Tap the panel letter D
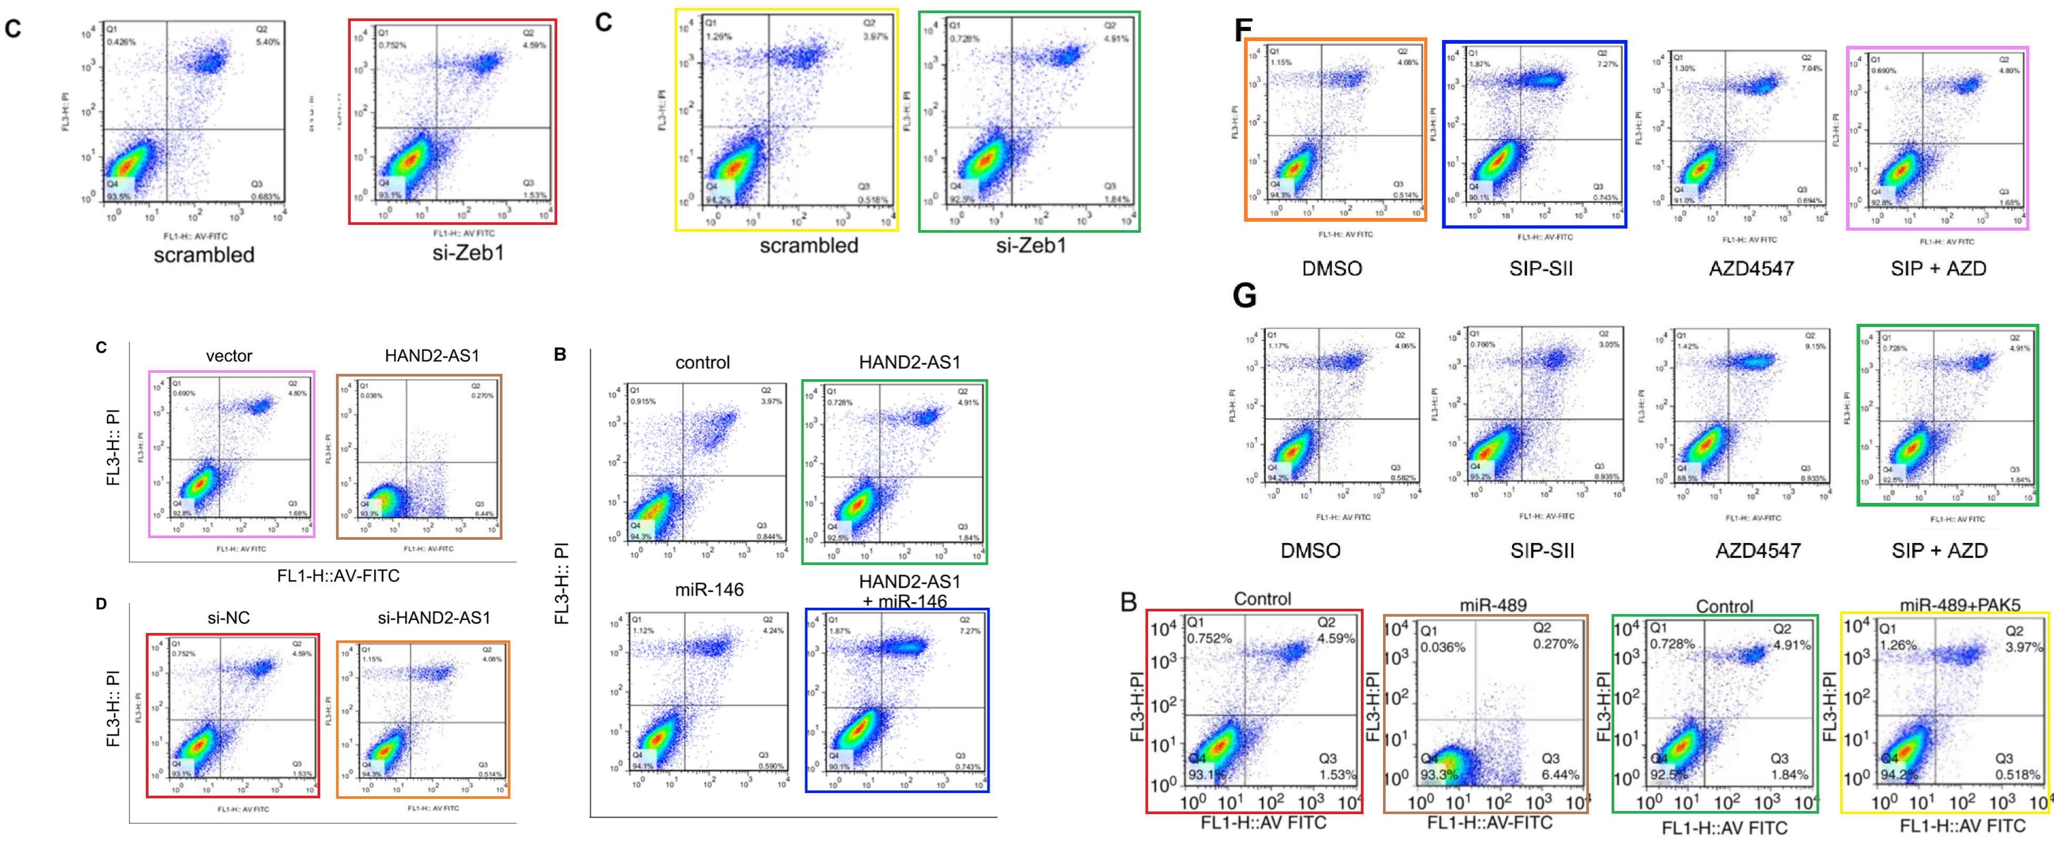101,603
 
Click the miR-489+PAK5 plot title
1959,606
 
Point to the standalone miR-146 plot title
709,590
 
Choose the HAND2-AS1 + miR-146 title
910,591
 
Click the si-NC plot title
229,617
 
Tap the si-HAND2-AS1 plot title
434,617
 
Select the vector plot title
229,355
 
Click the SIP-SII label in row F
1540,269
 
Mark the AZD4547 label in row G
1757,550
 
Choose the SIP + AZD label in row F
1938,269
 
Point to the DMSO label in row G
1310,550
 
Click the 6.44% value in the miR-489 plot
1559,775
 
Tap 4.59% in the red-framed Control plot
1336,639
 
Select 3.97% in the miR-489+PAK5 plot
2023,647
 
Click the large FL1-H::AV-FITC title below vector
338,576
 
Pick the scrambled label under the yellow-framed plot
808,245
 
